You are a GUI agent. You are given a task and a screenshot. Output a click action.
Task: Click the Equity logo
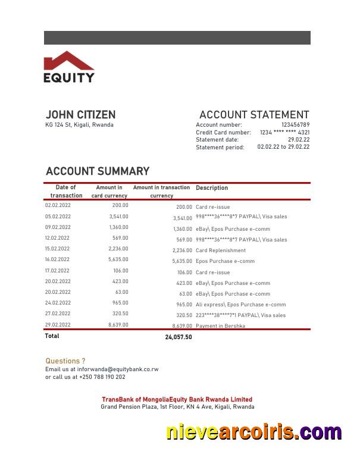[x=69, y=67]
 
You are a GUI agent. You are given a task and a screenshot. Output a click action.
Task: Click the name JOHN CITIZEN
[x=80, y=115]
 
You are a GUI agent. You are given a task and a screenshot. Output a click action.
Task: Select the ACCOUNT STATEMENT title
[x=254, y=115]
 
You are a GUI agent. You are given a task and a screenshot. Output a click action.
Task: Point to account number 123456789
[x=295, y=125]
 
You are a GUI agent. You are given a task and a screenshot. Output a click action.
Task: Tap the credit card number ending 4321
[x=284, y=133]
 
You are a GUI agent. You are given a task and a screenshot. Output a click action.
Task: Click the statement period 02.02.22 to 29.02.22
[x=283, y=147]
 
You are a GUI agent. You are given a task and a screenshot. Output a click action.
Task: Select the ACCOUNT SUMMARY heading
[x=98, y=171]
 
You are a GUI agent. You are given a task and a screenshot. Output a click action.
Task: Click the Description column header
[x=212, y=188]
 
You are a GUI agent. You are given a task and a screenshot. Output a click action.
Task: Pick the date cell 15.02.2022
[x=58, y=249]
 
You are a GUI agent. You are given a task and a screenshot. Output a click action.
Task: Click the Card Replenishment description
[x=220, y=251]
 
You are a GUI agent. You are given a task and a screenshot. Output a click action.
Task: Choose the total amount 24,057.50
[x=179, y=337]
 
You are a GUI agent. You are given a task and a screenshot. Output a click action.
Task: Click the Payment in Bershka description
[x=220, y=326]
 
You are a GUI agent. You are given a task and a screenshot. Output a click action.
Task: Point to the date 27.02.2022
[x=58, y=313]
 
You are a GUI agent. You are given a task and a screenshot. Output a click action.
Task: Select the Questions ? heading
[x=65, y=361]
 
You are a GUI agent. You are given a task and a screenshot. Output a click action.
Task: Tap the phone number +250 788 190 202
[x=102, y=377]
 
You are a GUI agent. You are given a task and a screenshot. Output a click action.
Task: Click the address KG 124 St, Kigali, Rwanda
[x=79, y=125]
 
